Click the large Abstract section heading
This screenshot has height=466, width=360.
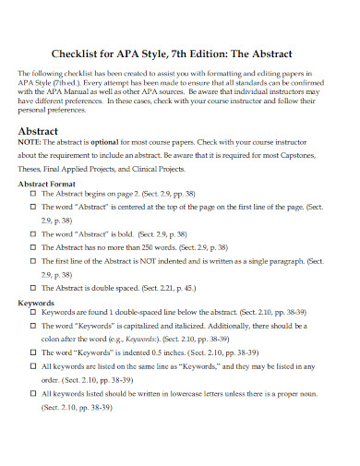(42, 131)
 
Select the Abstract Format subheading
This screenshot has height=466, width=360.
(53, 184)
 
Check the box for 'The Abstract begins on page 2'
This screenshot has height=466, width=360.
(33, 197)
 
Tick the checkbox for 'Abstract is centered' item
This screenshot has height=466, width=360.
(33, 209)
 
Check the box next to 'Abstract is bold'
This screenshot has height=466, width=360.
(33, 235)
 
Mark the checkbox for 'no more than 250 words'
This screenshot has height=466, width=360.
(33, 248)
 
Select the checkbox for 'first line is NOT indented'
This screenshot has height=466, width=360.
(33, 261)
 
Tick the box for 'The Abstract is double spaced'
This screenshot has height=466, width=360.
(33, 287)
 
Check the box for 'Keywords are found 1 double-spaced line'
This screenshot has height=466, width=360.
(33, 314)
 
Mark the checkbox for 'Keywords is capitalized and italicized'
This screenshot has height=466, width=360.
(33, 327)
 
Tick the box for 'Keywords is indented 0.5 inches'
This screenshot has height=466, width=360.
(33, 353)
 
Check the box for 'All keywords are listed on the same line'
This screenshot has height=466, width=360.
(33, 366)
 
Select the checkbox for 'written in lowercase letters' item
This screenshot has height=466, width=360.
(33, 392)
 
